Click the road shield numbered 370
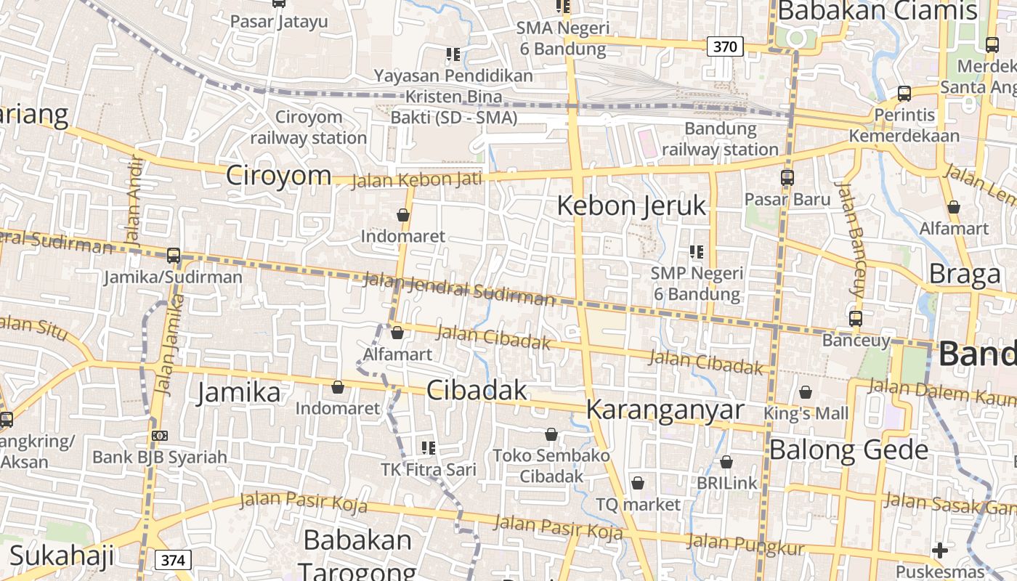(x=724, y=47)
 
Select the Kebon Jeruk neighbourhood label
(x=631, y=206)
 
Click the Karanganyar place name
(x=665, y=410)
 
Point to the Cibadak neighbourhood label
(x=477, y=390)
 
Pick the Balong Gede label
(x=848, y=450)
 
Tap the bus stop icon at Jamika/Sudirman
(x=173, y=256)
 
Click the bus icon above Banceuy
(x=856, y=318)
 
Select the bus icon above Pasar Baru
(x=787, y=177)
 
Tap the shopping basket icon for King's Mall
(x=806, y=392)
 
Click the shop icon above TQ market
(x=638, y=483)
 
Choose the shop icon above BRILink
(x=726, y=462)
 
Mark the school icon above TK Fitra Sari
(x=429, y=448)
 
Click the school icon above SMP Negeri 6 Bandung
(x=697, y=252)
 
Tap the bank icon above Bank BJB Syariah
(x=160, y=436)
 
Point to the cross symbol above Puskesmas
(x=940, y=550)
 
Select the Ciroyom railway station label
(x=309, y=127)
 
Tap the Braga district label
(x=965, y=275)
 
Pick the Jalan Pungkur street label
(x=745, y=544)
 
